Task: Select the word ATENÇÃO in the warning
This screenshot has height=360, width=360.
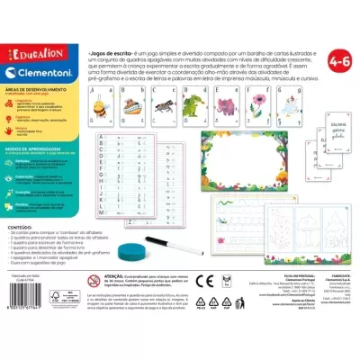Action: click(118, 277)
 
